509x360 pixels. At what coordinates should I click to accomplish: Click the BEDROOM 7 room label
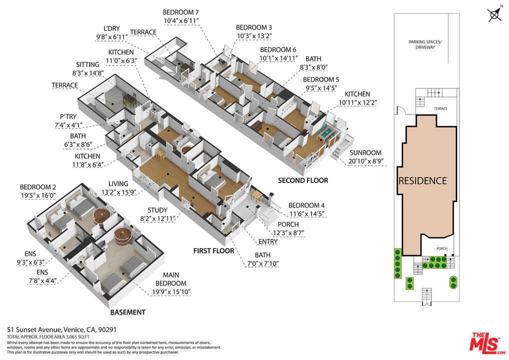point(180,12)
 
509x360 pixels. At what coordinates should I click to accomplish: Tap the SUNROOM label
point(365,153)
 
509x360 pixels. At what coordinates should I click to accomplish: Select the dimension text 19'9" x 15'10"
point(171,292)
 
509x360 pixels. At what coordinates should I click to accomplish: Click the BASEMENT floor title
point(128,312)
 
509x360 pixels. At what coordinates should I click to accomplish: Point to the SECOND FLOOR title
point(303,180)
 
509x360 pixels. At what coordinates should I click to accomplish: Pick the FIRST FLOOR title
point(213,251)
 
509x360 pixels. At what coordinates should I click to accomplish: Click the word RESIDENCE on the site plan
point(422,181)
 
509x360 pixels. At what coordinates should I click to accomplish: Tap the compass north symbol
point(494,14)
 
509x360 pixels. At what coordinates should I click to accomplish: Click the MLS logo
point(487,342)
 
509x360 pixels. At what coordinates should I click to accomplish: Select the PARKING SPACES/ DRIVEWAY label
point(425,44)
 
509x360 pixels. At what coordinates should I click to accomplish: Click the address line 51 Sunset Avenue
point(61,330)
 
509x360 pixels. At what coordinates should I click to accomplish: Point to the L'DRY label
point(111,28)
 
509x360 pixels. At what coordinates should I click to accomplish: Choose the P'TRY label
point(68,116)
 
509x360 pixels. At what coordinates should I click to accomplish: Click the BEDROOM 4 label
point(306,205)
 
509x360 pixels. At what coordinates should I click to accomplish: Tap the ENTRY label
point(268,242)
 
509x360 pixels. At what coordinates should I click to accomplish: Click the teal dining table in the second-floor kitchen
point(325,133)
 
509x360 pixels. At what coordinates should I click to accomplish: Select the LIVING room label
point(118,183)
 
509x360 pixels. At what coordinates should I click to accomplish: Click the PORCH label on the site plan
point(442,248)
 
